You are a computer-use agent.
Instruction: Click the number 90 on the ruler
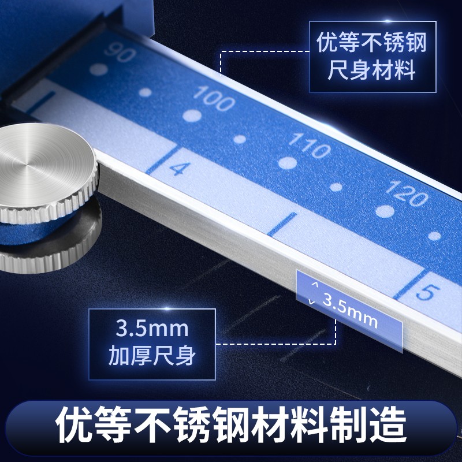120,53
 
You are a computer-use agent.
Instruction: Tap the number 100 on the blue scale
214,98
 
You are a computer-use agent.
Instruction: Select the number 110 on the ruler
310,146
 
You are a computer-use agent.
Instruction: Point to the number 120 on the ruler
407,193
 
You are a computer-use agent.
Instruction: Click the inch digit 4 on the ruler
180,169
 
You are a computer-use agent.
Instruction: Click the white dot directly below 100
192,115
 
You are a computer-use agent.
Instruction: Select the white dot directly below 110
288,163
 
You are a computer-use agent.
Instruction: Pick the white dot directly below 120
385,211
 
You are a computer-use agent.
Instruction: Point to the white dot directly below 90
99,69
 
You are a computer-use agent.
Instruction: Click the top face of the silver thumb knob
44,165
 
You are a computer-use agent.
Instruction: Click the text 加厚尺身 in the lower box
152,355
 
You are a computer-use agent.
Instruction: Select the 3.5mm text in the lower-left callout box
152,328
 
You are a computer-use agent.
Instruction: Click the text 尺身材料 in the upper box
372,70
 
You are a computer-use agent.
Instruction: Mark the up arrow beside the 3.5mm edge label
315,284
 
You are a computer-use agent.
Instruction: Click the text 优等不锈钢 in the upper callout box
372,42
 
